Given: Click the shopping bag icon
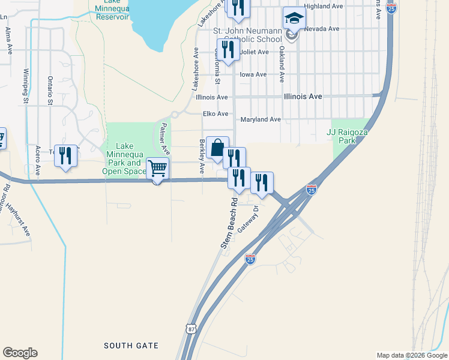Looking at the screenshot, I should [217, 147].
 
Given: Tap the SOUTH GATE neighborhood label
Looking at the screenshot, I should [131, 346].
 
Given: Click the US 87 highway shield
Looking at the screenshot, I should [191, 329].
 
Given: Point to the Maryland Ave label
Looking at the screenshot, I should [261, 119].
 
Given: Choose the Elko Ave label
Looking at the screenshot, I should [215, 113].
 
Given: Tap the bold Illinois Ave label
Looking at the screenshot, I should [303, 96].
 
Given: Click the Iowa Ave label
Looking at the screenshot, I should [253, 74].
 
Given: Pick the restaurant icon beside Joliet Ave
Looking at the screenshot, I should [228, 50].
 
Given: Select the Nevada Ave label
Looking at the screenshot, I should [322, 28].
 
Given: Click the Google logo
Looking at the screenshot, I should [20, 353].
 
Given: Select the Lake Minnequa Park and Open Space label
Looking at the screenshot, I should [124, 158].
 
